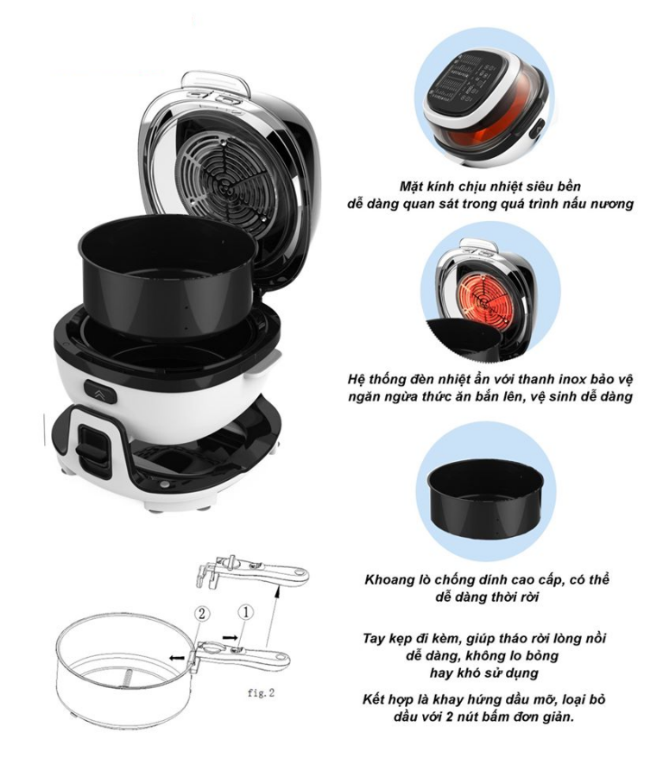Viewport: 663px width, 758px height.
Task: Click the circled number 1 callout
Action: click(245, 613)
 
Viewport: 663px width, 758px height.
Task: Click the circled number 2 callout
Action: click(203, 614)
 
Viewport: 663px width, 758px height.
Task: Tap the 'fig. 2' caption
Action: click(261, 692)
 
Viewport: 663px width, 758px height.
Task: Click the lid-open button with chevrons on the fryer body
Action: click(100, 392)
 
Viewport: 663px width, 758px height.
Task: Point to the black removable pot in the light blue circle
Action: click(485, 493)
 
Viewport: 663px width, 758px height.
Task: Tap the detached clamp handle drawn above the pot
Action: click(252, 571)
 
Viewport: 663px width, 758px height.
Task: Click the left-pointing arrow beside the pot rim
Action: click(176, 658)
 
